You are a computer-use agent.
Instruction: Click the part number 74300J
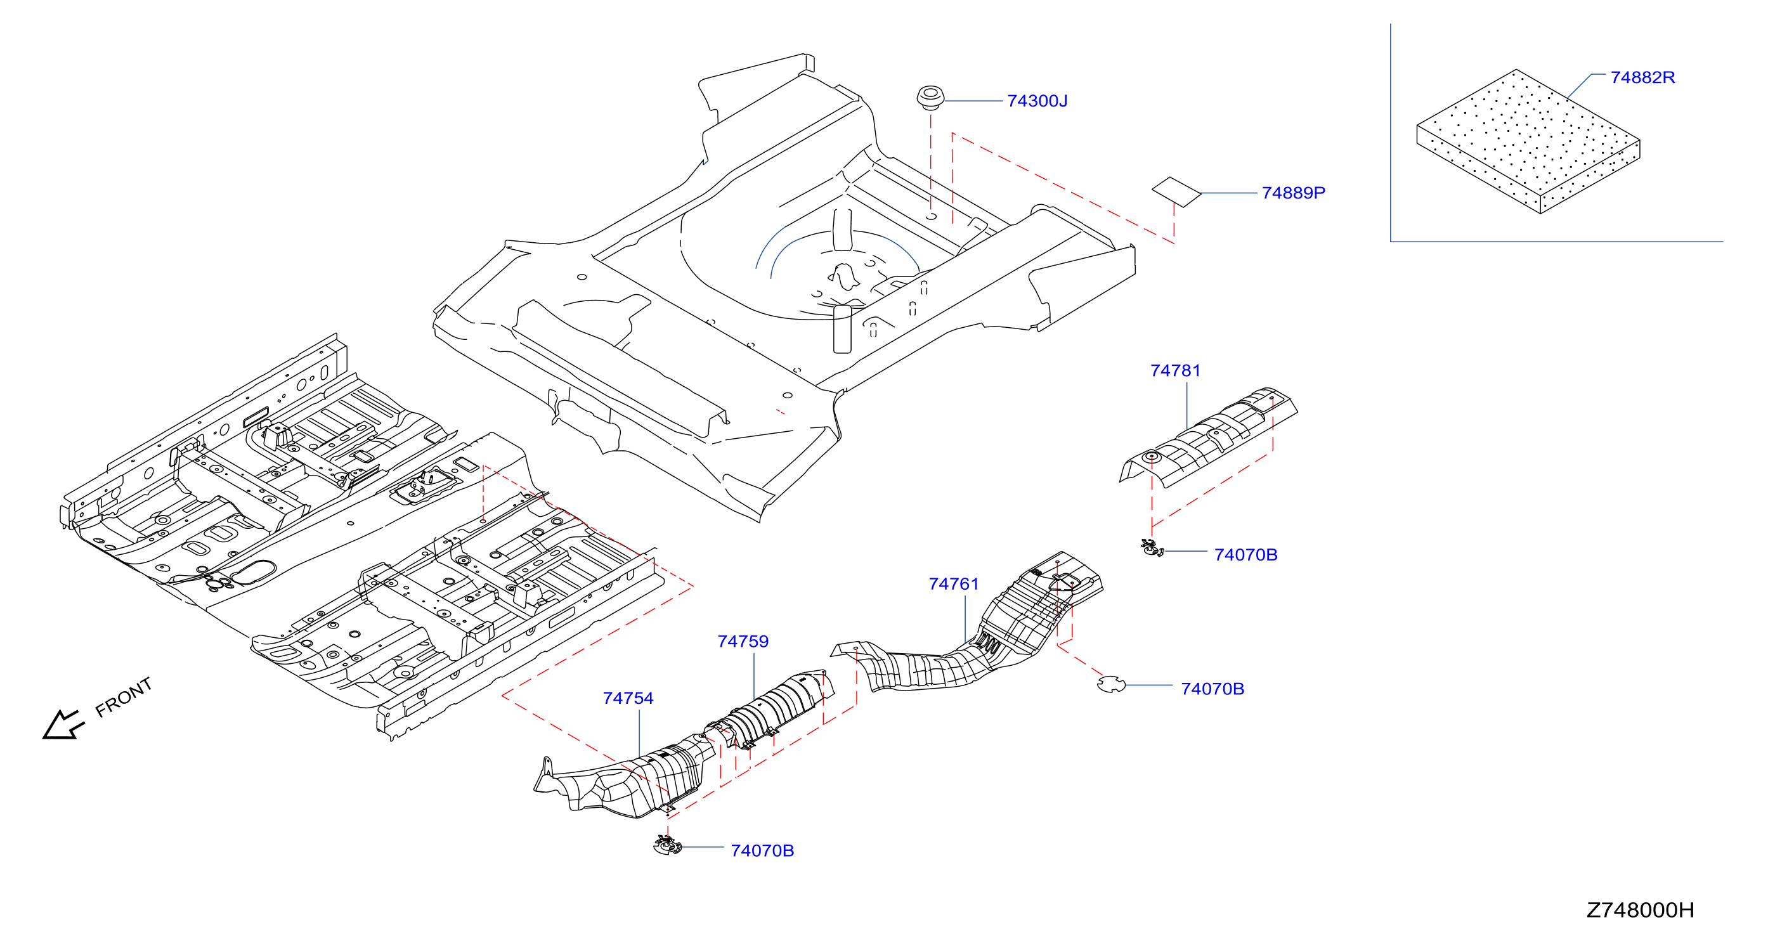[1037, 101]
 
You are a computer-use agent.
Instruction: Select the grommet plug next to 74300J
[930, 98]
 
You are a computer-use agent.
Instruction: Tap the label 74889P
[1293, 193]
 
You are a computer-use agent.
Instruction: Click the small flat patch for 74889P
[1176, 191]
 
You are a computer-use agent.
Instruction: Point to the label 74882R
[1642, 77]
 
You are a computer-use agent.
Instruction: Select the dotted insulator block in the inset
[1528, 141]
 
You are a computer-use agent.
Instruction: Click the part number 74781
[1175, 371]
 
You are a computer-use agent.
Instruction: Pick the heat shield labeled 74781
[1209, 438]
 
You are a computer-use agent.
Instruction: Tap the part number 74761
[953, 584]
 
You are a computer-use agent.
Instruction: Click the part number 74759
[743, 642]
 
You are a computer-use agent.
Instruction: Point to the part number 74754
[627, 699]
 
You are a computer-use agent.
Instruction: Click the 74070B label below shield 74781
[1245, 555]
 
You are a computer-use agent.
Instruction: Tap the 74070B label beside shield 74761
[1212, 689]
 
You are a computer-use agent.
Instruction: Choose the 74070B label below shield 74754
[762, 851]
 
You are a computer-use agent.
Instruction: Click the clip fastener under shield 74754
[667, 846]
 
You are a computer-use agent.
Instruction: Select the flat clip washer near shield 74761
[1111, 684]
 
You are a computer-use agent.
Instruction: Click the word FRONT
[124, 698]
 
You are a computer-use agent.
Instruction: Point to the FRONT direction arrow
[63, 725]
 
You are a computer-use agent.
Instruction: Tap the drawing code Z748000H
[1640, 910]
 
